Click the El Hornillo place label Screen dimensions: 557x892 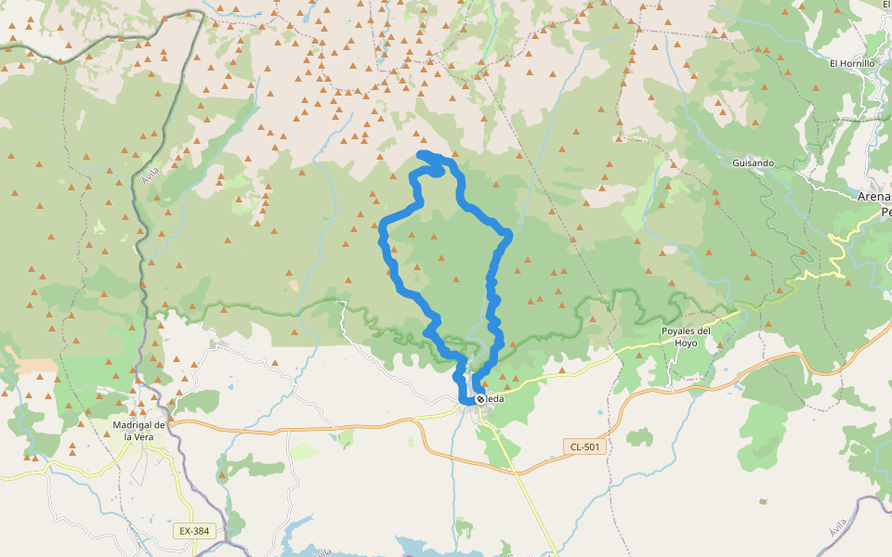tap(852, 63)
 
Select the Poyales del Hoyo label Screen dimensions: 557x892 tap(686, 336)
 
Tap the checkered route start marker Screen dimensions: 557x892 tap(479, 399)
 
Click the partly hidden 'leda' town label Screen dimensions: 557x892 tap(494, 399)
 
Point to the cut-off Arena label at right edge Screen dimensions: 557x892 tap(874, 197)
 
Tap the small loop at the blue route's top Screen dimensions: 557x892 tap(434, 167)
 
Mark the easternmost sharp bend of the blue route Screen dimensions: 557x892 tap(509, 233)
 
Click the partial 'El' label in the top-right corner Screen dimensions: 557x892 tap(885, 6)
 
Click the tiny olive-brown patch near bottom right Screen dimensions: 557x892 tap(763, 502)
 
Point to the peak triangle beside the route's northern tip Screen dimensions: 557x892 tap(455, 154)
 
